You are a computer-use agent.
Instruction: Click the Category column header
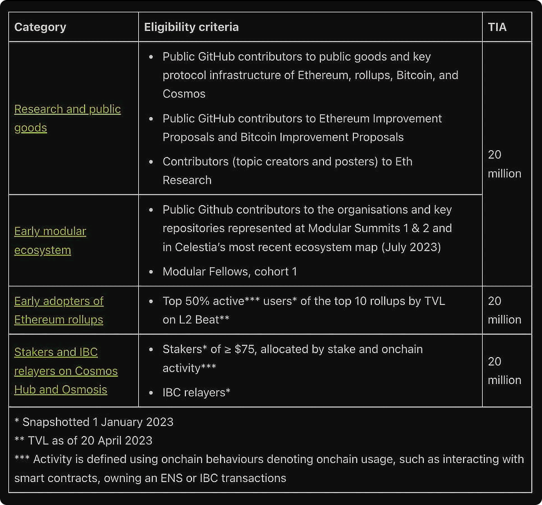[40, 27]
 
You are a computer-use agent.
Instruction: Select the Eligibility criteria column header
[191, 27]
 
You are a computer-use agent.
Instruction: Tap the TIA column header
[497, 27]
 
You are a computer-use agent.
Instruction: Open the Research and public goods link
[67, 109]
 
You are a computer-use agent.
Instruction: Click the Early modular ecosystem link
[50, 231]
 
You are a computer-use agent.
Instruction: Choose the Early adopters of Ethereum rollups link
[59, 301]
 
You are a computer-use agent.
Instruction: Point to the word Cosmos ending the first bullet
[184, 94]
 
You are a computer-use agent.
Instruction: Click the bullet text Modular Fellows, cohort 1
[230, 271]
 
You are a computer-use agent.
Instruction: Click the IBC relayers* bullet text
[197, 392]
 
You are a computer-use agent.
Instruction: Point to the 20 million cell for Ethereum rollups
[504, 310]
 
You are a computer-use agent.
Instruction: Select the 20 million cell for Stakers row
[504, 370]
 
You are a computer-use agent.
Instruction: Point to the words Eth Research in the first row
[187, 180]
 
